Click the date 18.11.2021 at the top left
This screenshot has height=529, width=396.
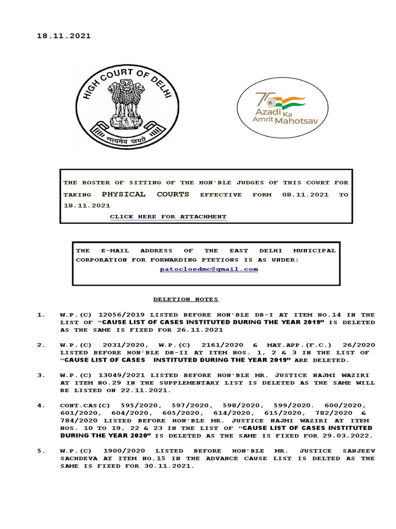point(63,36)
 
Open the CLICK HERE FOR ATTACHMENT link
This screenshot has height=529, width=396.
point(168,216)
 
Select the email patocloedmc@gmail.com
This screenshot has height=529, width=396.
point(209,269)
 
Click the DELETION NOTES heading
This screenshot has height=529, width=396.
point(186,299)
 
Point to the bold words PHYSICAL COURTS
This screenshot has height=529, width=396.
point(145,194)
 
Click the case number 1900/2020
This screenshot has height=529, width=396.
point(120,451)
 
